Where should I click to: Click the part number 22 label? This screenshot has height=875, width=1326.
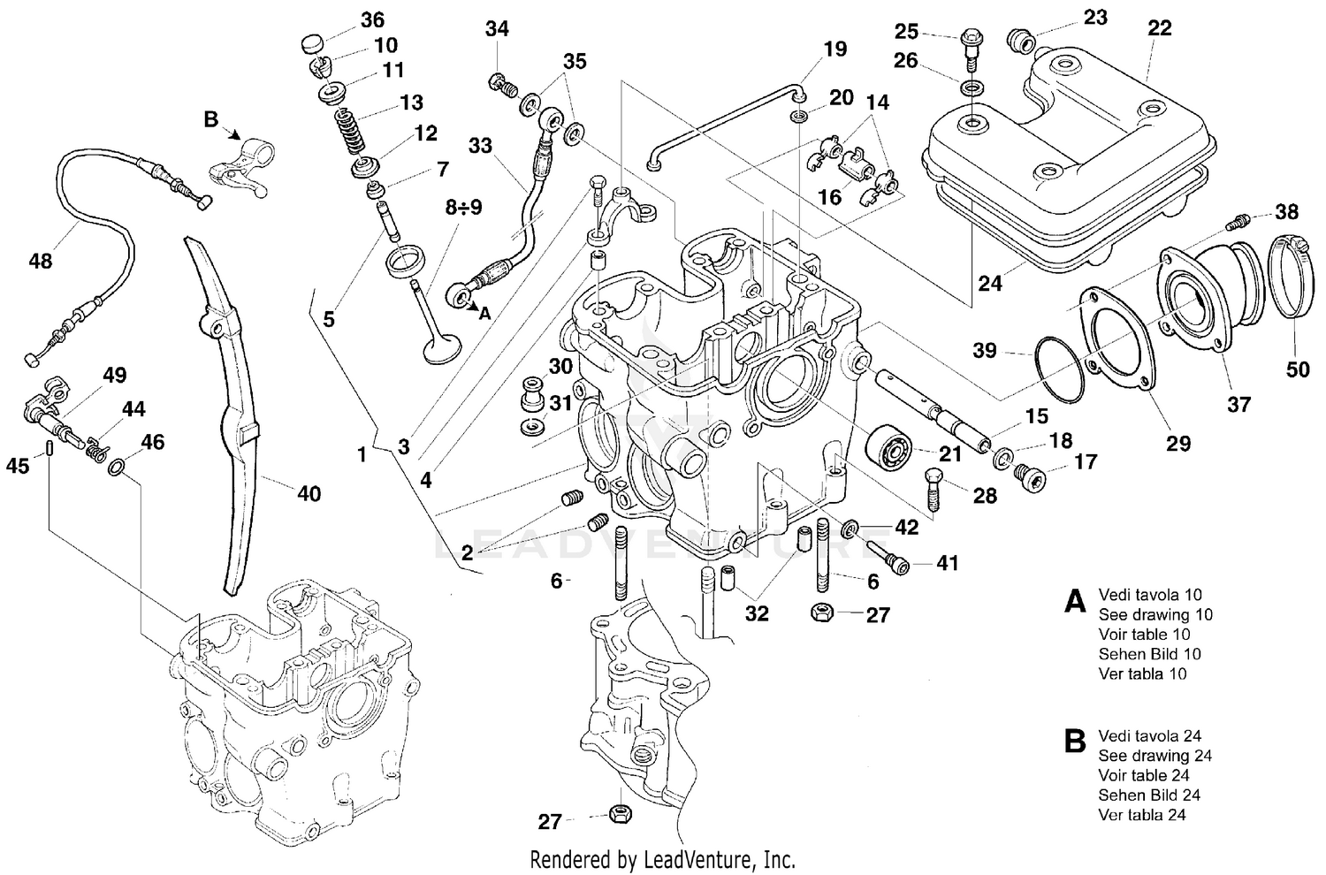click(x=1159, y=28)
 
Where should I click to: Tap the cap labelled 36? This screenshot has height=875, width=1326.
click(x=311, y=42)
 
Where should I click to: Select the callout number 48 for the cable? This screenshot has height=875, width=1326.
click(x=41, y=261)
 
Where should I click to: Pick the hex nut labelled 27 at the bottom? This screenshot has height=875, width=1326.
click(x=621, y=810)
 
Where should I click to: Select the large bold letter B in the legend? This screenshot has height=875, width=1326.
click(x=1074, y=742)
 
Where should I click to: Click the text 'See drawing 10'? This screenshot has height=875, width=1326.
click(x=1155, y=614)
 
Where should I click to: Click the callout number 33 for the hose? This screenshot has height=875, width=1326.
click(x=480, y=145)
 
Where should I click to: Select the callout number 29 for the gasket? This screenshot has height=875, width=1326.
click(x=1178, y=443)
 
